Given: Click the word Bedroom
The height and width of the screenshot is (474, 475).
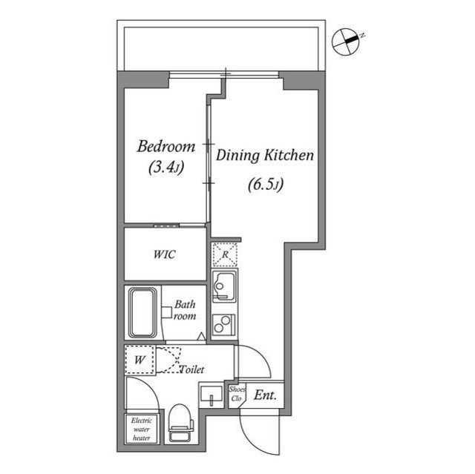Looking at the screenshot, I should coord(166,146).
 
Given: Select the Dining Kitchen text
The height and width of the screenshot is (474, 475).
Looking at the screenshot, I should coord(266,156).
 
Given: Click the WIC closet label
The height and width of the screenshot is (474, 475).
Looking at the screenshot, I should coord(164,254).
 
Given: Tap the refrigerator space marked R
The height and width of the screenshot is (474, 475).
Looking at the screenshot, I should coord(223,254).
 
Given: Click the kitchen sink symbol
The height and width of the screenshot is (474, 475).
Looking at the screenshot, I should coord(223,286).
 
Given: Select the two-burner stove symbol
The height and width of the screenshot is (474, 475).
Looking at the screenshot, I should coord(223,324).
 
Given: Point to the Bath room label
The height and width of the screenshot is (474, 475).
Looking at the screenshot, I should coord(185,310).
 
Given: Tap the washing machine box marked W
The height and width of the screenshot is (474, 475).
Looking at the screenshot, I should coord(139,361).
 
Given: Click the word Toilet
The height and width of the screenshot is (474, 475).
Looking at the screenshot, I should coord(191,369).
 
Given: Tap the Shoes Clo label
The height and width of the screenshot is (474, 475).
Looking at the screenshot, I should coord(237,394).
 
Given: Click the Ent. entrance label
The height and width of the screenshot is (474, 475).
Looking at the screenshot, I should coord(265,395).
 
